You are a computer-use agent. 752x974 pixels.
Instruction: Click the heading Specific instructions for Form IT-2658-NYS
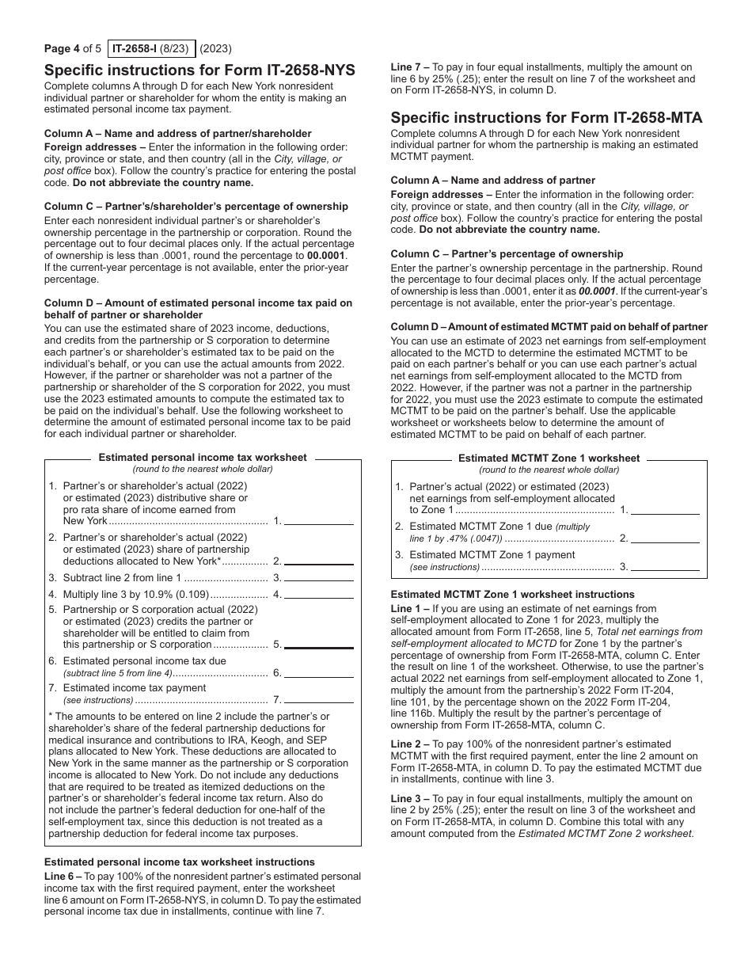pyautogui.click(x=199, y=70)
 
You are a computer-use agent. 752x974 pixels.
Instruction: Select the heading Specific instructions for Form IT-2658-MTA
pyautogui.click(x=546, y=117)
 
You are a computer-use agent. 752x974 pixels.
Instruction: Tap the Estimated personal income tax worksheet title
pyautogui.click(x=203, y=458)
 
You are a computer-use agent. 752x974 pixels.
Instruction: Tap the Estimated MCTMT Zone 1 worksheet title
pyautogui.click(x=549, y=458)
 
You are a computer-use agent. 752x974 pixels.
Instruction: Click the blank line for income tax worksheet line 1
pyautogui.click(x=318, y=520)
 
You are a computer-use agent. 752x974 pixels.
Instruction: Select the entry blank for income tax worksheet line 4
pyautogui.click(x=318, y=594)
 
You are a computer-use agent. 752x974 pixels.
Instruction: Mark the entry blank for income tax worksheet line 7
pyautogui.click(x=318, y=699)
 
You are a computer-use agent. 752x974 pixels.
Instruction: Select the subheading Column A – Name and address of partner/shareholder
pyautogui.click(x=177, y=133)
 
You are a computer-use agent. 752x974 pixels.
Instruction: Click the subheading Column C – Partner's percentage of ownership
pyautogui.click(x=507, y=253)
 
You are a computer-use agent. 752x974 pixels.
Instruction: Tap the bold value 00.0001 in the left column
pyautogui.click(x=327, y=256)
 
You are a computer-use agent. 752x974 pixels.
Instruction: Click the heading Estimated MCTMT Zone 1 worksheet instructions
pyautogui.click(x=512, y=594)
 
